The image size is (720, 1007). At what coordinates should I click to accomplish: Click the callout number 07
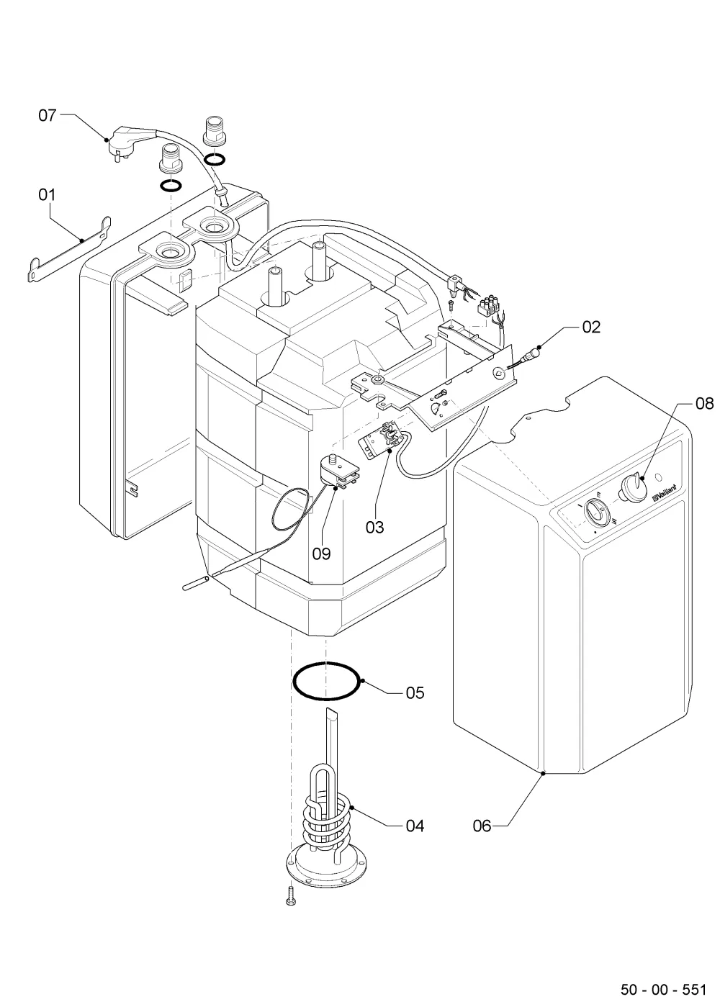(48, 116)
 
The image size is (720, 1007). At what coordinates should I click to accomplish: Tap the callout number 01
(48, 195)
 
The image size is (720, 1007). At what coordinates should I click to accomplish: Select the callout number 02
(591, 328)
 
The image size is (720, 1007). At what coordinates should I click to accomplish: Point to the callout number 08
(705, 404)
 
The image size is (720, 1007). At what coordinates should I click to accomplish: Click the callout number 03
(374, 527)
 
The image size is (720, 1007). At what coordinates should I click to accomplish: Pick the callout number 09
(322, 554)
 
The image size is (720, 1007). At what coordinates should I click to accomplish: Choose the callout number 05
(415, 692)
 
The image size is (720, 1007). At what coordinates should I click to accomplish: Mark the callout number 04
(415, 826)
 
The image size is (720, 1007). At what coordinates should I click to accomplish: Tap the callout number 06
(482, 826)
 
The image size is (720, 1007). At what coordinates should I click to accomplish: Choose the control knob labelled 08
(633, 487)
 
